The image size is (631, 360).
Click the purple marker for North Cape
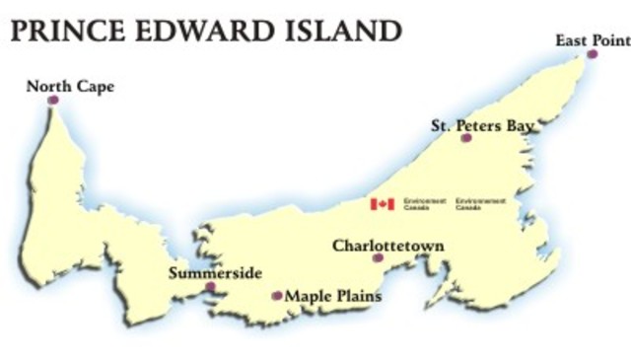point(52,100)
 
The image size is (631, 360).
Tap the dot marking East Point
point(593,54)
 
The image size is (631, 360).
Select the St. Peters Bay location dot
point(466,138)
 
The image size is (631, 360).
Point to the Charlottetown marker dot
point(378,257)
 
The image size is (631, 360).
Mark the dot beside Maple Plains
point(277,295)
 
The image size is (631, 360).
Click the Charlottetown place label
point(388,245)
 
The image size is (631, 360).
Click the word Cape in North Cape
point(94,87)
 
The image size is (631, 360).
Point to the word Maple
point(306,295)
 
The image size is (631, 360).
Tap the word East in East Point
point(572,40)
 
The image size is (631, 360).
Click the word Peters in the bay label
point(480,125)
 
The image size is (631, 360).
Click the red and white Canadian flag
point(383,204)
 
